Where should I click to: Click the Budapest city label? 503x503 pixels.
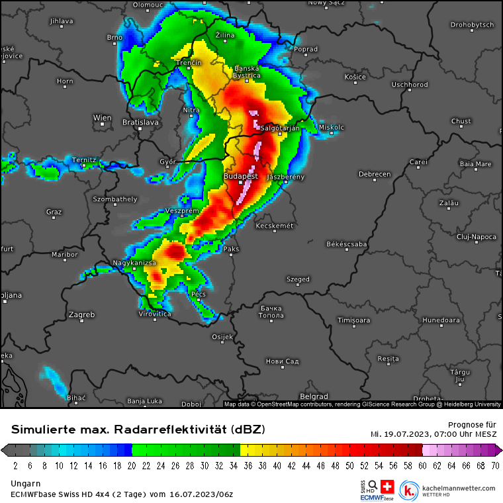click(241, 177)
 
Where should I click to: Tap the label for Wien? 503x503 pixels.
click(102, 118)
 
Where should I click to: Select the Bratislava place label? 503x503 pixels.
click(140, 122)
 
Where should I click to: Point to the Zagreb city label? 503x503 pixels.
click(82, 314)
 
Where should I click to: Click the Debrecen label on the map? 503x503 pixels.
click(375, 175)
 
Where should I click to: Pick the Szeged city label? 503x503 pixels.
click(298, 279)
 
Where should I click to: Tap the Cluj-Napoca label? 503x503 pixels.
click(476, 236)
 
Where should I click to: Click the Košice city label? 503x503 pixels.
click(355, 77)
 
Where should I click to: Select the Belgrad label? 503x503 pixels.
click(314, 396)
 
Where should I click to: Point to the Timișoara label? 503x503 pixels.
click(354, 320)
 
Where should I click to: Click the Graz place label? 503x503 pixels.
click(54, 212)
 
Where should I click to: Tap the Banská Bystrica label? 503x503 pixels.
click(248, 72)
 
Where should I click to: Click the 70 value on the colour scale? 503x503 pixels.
click(494, 465)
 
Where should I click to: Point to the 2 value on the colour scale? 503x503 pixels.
click(15, 465)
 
